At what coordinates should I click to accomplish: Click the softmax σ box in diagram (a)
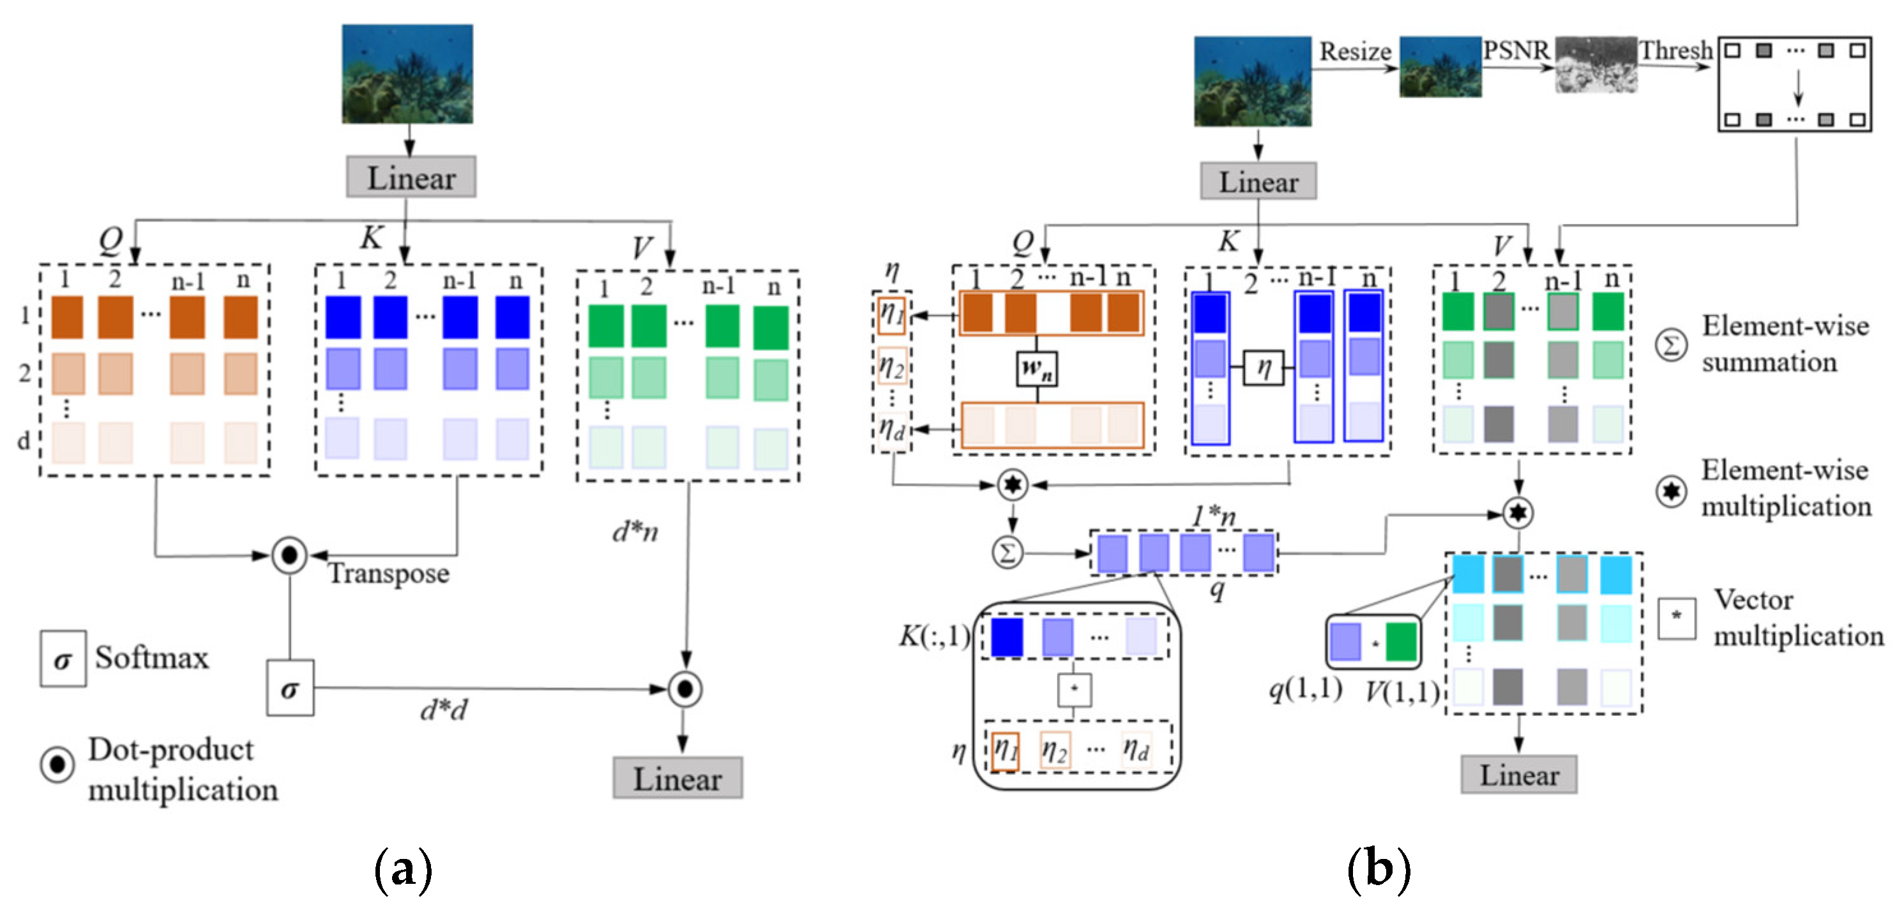click(x=289, y=688)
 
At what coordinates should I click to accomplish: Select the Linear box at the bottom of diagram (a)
click(x=677, y=778)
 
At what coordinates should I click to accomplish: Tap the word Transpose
click(x=388, y=574)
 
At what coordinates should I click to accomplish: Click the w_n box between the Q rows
click(x=1037, y=368)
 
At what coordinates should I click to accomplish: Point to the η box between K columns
click(x=1263, y=368)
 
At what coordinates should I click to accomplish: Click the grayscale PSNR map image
click(x=1596, y=65)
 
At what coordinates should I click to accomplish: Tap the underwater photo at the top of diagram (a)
click(x=407, y=73)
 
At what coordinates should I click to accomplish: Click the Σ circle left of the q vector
click(x=1007, y=552)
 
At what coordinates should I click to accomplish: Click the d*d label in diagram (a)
click(x=443, y=710)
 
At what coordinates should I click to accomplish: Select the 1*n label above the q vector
click(x=1214, y=517)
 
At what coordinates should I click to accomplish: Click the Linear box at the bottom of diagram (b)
click(x=1518, y=775)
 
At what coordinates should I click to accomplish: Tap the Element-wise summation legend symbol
click(x=1670, y=345)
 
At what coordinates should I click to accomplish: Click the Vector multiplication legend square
click(x=1676, y=617)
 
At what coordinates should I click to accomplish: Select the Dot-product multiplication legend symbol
click(x=57, y=765)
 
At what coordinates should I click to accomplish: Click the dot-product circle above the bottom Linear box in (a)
click(x=685, y=689)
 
